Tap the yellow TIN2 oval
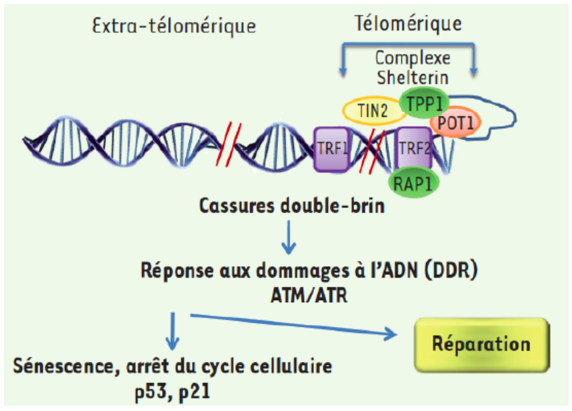371,111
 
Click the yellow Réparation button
481,344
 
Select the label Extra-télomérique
175,27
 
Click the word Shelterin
412,77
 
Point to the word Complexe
413,59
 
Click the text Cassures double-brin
292,205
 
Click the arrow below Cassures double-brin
288,239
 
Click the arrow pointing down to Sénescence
173,331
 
